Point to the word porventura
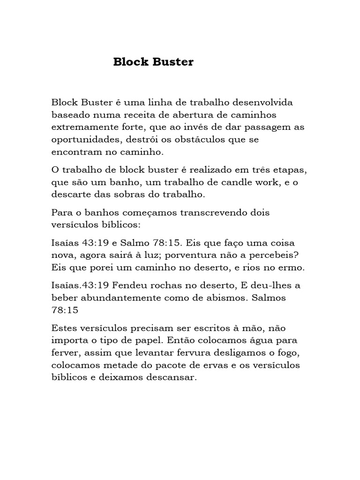click(197, 256)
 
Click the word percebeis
click(274, 256)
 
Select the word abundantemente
click(118, 298)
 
